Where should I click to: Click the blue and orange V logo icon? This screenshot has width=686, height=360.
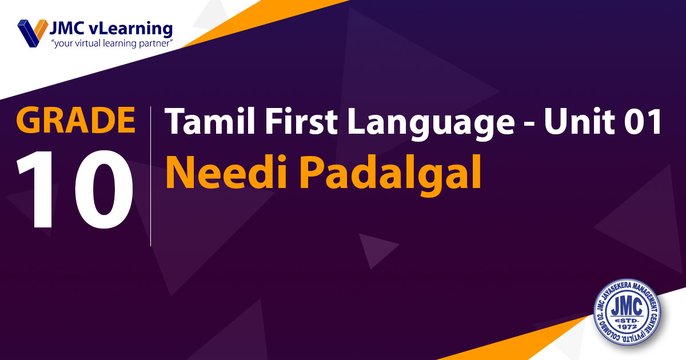(x=33, y=33)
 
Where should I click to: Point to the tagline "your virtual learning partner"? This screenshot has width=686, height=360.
(x=112, y=43)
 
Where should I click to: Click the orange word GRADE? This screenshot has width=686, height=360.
(x=75, y=119)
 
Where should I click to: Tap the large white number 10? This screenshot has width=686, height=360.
(x=75, y=189)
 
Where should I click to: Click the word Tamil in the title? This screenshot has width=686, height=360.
(x=210, y=121)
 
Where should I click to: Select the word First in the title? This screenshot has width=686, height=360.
(x=301, y=121)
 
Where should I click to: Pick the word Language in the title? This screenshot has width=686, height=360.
(x=431, y=124)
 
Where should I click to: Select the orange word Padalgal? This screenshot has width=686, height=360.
(x=390, y=175)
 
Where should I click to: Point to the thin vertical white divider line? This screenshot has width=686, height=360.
(x=151, y=176)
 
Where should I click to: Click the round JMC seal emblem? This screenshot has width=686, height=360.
(x=627, y=312)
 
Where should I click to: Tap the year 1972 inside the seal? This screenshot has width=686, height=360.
(x=627, y=327)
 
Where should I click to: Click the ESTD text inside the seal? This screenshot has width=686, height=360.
(x=627, y=321)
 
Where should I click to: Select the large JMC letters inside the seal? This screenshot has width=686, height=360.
(x=627, y=307)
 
